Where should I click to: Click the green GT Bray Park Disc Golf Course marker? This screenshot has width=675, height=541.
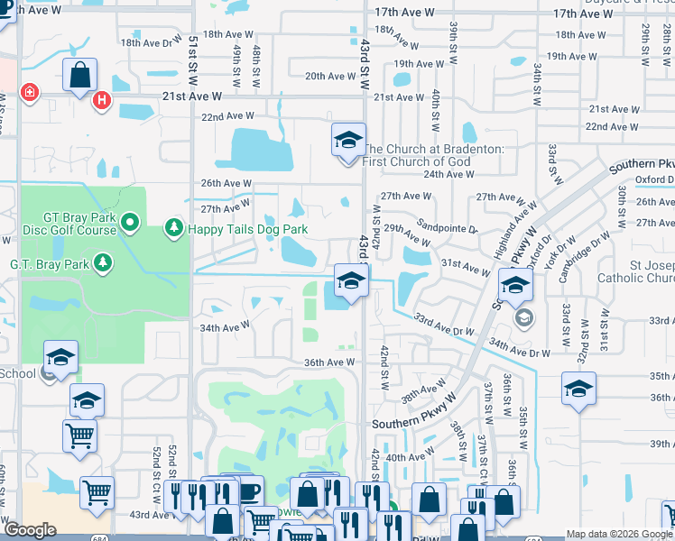[129, 221]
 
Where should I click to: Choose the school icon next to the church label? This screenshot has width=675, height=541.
[348, 141]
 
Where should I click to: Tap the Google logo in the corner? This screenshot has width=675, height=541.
[30, 530]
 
